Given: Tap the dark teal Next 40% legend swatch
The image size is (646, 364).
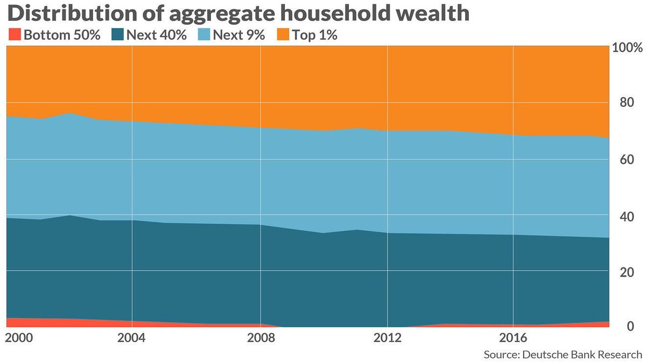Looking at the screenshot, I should coord(118,36).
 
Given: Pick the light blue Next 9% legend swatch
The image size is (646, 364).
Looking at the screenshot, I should coord(205,36).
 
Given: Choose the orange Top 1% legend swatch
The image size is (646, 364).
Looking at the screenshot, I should coord(284,36).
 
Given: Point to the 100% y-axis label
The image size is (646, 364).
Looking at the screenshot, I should coord(628,47).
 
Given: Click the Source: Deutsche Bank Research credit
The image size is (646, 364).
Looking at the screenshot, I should coord(563,354).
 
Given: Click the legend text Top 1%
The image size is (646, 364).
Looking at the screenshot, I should coord(314,36).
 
